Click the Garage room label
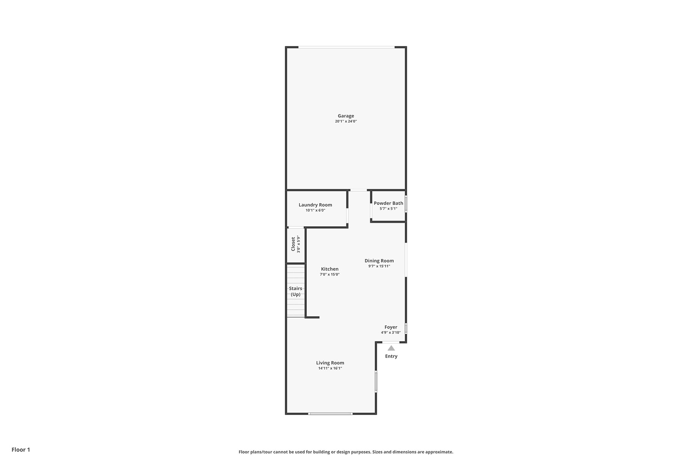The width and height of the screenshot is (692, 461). (x=346, y=116)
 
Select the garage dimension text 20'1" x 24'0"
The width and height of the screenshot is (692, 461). (x=346, y=121)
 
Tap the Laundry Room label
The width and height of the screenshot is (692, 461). (x=315, y=205)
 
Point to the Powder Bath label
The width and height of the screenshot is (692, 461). (x=389, y=203)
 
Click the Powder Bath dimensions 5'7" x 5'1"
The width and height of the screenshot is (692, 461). (x=389, y=209)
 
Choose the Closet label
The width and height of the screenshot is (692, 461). (x=293, y=244)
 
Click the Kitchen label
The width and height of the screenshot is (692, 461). (x=330, y=269)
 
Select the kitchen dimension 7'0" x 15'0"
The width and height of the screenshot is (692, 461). (x=330, y=274)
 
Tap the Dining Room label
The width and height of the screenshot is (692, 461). (x=379, y=260)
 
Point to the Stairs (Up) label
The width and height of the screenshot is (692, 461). (x=296, y=291)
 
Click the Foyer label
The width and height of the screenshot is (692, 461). (x=391, y=327)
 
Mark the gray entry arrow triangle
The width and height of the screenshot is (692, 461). (x=391, y=348)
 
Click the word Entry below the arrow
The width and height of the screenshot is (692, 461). (x=391, y=356)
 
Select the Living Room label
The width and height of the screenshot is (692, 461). (x=330, y=363)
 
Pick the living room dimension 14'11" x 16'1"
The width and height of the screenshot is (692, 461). (x=330, y=368)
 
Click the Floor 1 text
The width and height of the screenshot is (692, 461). (x=21, y=449)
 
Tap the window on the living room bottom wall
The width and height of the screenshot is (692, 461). (x=330, y=414)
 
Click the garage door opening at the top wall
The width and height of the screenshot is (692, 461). (x=346, y=47)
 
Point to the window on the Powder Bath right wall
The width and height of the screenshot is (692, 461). (x=406, y=204)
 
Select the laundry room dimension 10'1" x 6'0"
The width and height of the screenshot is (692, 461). (x=316, y=211)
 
